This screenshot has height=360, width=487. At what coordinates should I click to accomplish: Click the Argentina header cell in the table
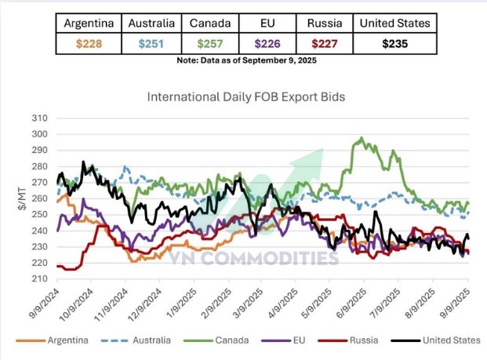click(x=89, y=23)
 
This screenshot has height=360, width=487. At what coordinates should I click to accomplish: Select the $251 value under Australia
click(x=151, y=44)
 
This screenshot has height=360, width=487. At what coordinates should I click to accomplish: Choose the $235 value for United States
click(x=394, y=44)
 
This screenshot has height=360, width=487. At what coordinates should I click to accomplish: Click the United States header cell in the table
click(x=394, y=23)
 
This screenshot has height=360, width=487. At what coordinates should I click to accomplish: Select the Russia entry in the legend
click(x=361, y=340)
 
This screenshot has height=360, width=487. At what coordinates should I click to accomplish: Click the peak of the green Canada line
click(x=361, y=139)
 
